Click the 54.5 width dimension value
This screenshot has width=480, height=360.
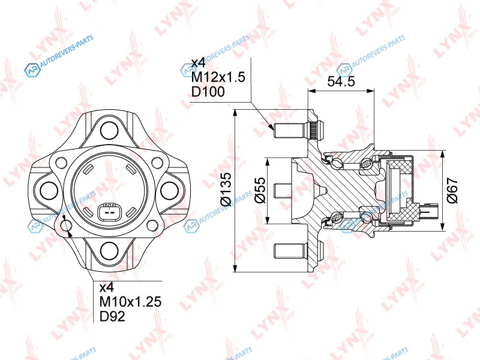click(x=341, y=82)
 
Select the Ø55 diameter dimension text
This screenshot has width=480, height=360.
click(x=260, y=190)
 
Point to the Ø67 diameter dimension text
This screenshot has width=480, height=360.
click(x=452, y=190)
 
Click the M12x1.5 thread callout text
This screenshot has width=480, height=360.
click(x=218, y=77)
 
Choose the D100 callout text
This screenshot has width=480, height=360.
click(x=208, y=92)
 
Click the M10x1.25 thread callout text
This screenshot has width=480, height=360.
click(x=130, y=302)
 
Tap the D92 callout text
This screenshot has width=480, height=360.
click(x=112, y=316)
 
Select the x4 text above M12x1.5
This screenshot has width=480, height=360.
click(x=198, y=63)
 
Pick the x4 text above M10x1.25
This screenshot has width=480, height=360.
click(x=107, y=287)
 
